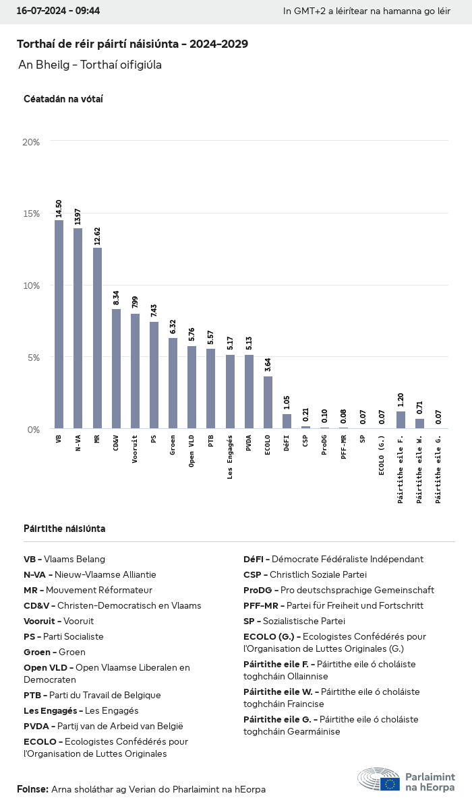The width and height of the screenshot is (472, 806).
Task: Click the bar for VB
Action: [x=59, y=324]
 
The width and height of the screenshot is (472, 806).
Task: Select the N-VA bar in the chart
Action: [x=78, y=328]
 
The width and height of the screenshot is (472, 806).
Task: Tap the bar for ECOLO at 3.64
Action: [x=268, y=402]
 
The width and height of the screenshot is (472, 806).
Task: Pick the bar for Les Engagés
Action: [x=230, y=391]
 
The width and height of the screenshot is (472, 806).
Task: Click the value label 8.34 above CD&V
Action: [x=116, y=298]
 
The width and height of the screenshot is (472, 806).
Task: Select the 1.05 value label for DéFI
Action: [x=287, y=403]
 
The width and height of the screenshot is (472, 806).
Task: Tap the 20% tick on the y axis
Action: [x=31, y=142]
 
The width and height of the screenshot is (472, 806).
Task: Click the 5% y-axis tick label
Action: [x=33, y=358]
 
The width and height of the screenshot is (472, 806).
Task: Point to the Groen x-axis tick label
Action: [x=173, y=445]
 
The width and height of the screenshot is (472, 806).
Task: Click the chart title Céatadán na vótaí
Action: [x=63, y=99]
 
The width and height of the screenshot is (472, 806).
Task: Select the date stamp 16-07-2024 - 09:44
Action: [x=58, y=11]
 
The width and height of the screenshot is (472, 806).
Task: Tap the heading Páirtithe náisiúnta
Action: [x=64, y=529]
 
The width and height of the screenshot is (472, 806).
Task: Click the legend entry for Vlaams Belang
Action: [x=64, y=559]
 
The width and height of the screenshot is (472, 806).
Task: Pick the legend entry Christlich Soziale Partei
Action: [x=305, y=574]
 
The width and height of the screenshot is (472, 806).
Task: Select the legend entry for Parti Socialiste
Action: [x=63, y=636]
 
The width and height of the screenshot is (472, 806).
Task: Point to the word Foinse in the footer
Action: [x=32, y=789]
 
